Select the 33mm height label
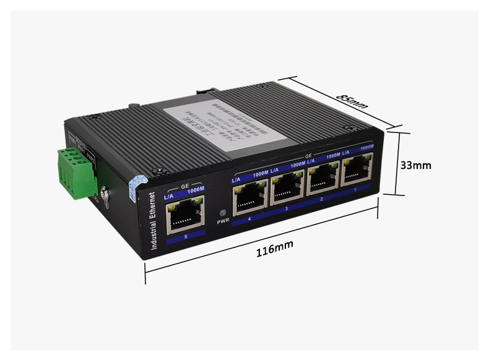(x=415, y=165)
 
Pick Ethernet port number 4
(x=249, y=196)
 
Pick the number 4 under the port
(x=249, y=219)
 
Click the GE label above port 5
(x=184, y=186)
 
